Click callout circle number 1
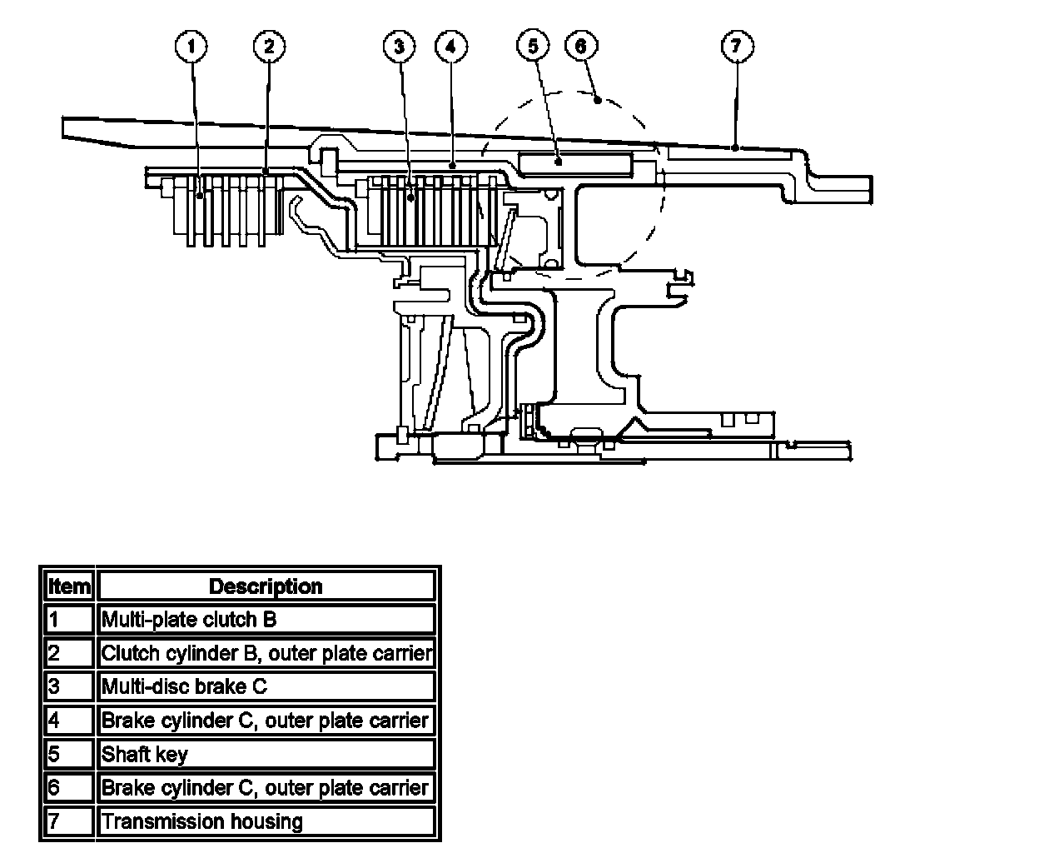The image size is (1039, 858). point(191,47)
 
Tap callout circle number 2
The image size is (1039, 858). point(268,47)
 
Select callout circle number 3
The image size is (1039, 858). point(399,47)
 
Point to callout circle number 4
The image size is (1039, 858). point(450,47)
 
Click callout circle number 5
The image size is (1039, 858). point(533,47)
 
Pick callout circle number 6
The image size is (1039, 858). point(581,47)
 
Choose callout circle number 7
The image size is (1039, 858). point(736,47)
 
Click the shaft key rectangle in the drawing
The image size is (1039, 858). point(574,163)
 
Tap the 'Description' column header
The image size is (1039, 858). point(266,586)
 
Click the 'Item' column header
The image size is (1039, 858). point(69,586)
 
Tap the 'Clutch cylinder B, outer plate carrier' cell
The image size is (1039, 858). point(266,653)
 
